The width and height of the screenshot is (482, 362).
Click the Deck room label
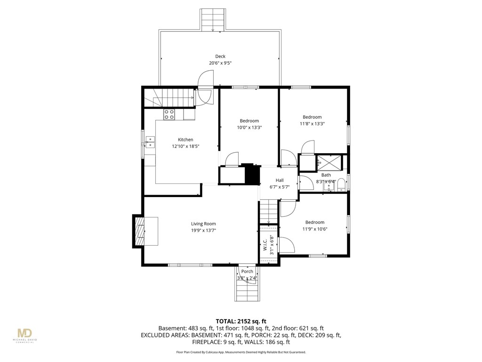(x=220, y=57)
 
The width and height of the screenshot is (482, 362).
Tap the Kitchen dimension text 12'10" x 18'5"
(x=185, y=146)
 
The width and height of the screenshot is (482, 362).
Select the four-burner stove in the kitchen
(x=169, y=114)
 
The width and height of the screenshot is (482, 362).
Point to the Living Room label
(x=203, y=224)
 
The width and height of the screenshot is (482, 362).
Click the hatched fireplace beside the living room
(x=139, y=230)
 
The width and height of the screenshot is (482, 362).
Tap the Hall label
(x=280, y=180)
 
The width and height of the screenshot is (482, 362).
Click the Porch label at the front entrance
(x=247, y=271)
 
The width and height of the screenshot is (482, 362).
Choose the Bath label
(x=326, y=175)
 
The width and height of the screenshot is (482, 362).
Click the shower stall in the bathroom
(x=330, y=162)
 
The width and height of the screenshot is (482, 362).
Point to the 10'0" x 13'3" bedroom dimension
(x=249, y=127)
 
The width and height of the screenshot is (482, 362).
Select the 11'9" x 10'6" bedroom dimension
(x=314, y=229)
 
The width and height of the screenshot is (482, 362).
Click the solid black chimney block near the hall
(x=252, y=175)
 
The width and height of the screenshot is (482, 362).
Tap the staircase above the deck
(x=213, y=19)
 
